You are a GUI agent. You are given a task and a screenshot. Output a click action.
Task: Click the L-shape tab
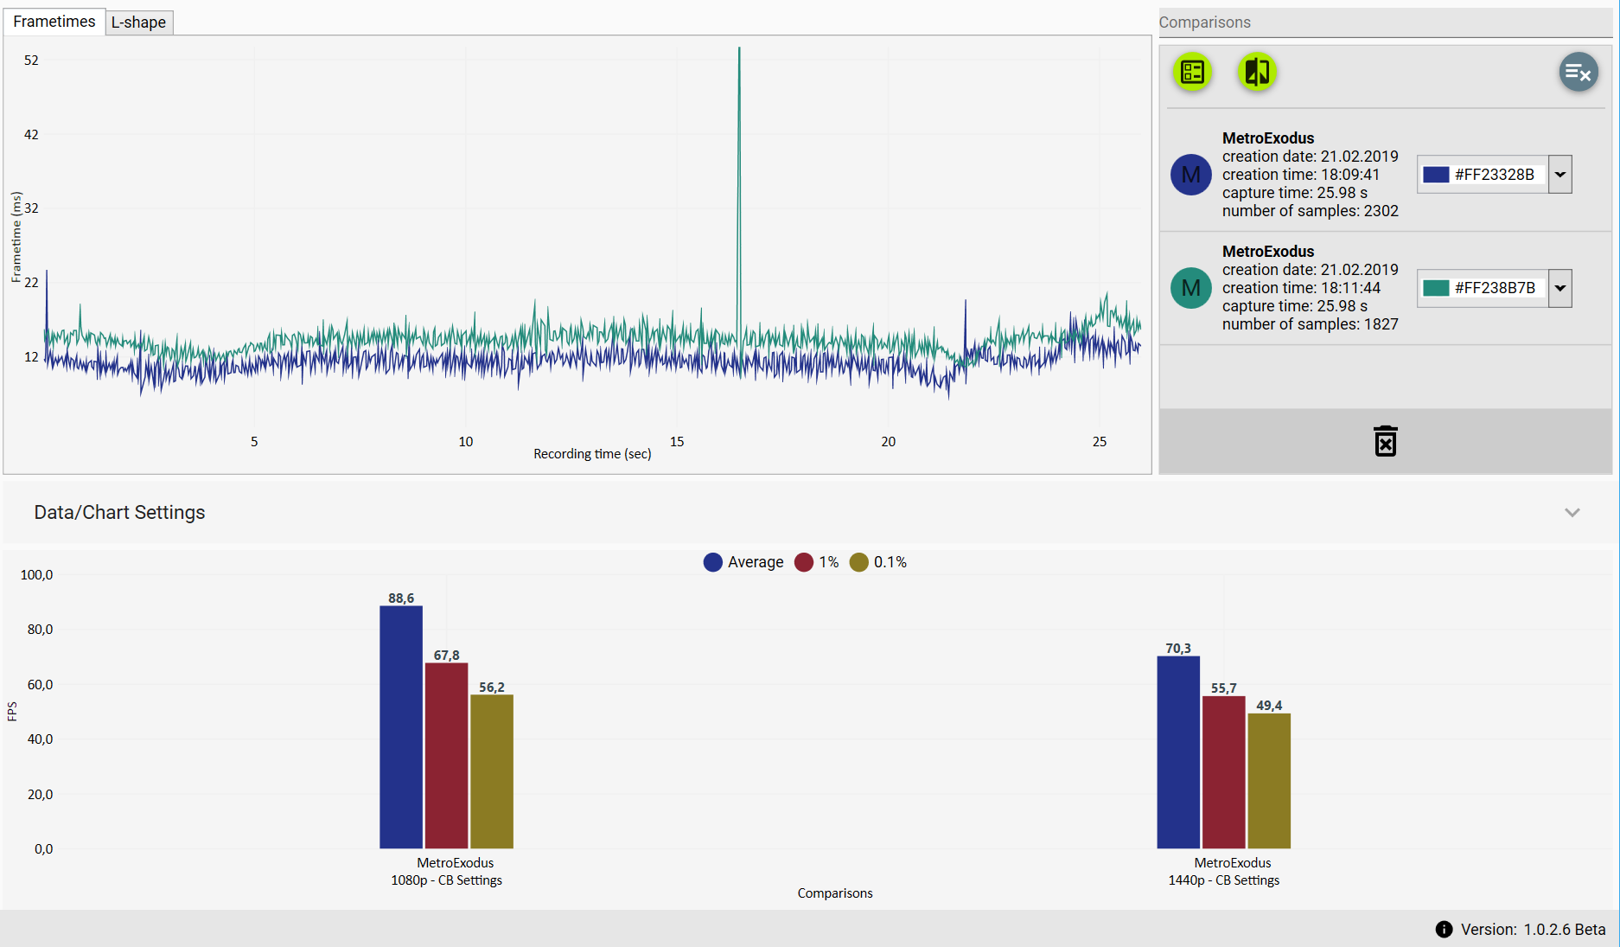point(138,22)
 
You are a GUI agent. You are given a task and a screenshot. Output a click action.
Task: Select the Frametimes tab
point(54,22)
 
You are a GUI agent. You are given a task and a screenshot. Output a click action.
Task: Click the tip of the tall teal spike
point(739,49)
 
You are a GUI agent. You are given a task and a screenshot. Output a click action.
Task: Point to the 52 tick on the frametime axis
point(31,61)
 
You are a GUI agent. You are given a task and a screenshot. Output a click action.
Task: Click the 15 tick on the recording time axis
point(677,442)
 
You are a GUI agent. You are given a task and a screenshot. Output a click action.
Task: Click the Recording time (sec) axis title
point(592,454)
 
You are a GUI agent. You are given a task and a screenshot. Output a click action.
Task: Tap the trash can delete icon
point(1385,441)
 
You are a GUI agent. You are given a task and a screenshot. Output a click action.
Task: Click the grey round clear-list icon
point(1578,73)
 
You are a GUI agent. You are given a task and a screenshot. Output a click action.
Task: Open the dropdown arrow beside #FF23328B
point(1559,175)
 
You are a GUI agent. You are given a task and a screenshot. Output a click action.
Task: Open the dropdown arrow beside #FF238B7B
point(1559,288)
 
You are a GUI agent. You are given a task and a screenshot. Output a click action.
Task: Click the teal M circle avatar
point(1190,288)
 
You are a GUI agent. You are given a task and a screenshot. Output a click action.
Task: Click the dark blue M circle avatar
point(1190,175)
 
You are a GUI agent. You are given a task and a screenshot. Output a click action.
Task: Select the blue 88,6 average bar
point(401,726)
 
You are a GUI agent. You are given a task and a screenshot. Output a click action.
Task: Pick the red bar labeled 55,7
point(1223,771)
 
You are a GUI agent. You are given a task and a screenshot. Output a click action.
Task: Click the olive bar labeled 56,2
point(492,771)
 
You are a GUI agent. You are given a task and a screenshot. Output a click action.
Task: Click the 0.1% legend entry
point(879,562)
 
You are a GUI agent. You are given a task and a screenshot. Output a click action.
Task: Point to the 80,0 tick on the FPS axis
point(40,630)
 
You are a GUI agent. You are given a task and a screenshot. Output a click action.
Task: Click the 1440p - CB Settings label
point(1223,880)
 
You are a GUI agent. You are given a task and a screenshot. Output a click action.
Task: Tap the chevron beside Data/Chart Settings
point(1572,513)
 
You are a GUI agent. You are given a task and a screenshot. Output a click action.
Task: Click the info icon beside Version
point(1444,930)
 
